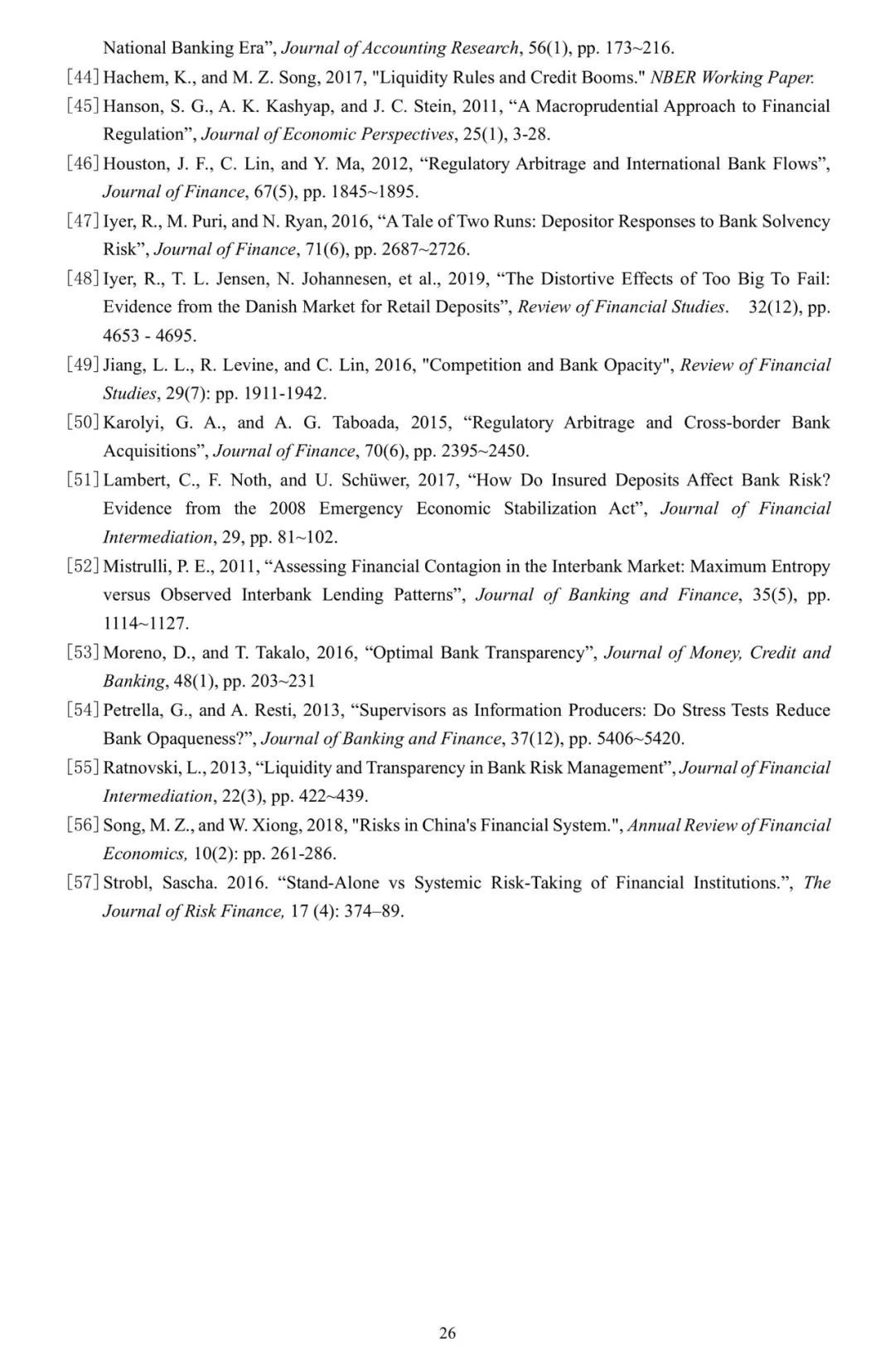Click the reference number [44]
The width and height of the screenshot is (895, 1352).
[83, 77]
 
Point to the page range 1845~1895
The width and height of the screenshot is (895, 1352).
[375, 192]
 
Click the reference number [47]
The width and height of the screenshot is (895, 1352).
[83, 221]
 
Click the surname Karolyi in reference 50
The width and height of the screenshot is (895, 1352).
[133, 422]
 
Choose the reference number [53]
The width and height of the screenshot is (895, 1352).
[83, 653]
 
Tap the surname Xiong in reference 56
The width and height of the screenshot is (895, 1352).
[276, 825]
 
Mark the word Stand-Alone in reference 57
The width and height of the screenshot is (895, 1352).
[332, 883]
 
